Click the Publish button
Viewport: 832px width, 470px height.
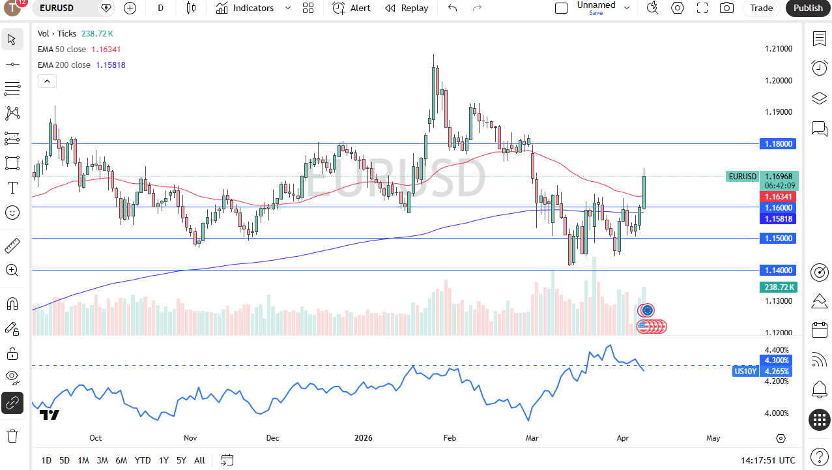tap(808, 8)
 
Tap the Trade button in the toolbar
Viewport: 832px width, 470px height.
tap(761, 8)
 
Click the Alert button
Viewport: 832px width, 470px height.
tap(352, 8)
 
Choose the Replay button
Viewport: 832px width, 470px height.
tap(407, 8)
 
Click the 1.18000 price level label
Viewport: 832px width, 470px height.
tap(778, 143)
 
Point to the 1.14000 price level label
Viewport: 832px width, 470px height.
tap(778, 270)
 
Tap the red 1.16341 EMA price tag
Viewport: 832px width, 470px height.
tap(778, 196)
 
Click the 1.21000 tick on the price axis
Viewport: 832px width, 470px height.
tap(778, 49)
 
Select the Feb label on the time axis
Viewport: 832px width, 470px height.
tap(450, 438)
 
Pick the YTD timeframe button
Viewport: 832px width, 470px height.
tap(143, 460)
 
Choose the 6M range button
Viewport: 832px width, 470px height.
tap(121, 460)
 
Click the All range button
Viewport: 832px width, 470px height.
tap(199, 460)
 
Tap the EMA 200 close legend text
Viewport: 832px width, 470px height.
tap(64, 65)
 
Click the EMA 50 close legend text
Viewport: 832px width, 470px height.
tap(62, 49)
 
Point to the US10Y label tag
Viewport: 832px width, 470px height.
tap(745, 372)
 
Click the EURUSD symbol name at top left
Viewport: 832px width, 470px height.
tap(57, 8)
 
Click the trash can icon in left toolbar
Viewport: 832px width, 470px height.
tap(12, 435)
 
